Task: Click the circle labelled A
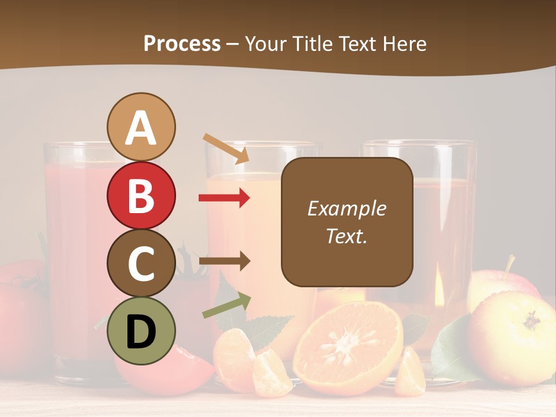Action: [x=141, y=127]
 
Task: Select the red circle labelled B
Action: [x=141, y=195]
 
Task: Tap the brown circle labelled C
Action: [x=141, y=263]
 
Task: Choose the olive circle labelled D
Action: [x=141, y=331]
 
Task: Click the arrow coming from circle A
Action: [x=226, y=149]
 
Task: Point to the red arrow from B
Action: [x=224, y=198]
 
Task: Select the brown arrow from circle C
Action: [x=224, y=261]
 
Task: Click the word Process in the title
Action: [x=182, y=44]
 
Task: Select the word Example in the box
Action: [x=346, y=209]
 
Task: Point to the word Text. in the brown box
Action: [x=346, y=236]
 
